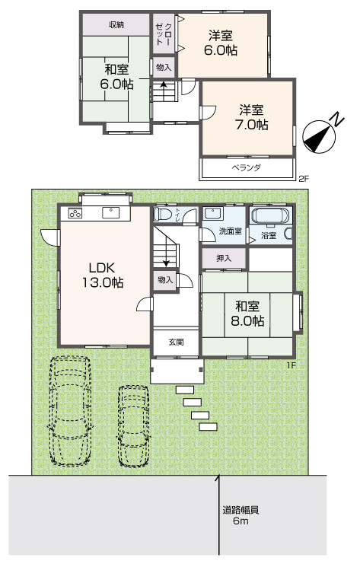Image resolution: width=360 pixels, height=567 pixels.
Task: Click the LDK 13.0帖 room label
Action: tap(103, 276)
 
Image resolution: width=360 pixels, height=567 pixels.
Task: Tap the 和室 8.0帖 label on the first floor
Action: tap(247, 314)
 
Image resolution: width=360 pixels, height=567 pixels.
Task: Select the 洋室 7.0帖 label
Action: tap(252, 117)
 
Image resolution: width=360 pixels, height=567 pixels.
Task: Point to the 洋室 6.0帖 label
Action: tap(221, 43)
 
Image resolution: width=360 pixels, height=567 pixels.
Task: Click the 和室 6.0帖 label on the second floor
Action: tap(116, 77)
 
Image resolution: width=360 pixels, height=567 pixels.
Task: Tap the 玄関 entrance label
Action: tap(176, 342)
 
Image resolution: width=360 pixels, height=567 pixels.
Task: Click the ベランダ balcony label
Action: tap(246, 167)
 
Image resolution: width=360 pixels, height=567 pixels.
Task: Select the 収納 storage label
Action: tap(116, 25)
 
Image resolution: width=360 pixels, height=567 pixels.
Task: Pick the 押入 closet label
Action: tap(224, 258)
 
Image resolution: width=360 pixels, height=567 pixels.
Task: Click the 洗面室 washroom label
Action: tap(231, 231)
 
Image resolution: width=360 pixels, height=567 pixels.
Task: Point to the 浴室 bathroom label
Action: tap(269, 235)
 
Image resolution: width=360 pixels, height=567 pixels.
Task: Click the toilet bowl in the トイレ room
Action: tap(161, 215)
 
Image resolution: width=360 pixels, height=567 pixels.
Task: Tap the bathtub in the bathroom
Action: tap(270, 216)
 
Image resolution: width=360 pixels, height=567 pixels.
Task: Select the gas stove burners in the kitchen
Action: tap(75, 213)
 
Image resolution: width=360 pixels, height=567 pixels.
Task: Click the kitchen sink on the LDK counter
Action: tap(110, 213)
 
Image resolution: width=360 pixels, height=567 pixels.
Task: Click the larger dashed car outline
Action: tap(70, 411)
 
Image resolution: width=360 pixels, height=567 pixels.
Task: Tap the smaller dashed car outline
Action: tap(133, 426)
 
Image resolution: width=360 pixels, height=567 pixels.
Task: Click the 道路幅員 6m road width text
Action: tap(241, 516)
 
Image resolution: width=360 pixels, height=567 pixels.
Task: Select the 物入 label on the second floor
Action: tap(164, 67)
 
